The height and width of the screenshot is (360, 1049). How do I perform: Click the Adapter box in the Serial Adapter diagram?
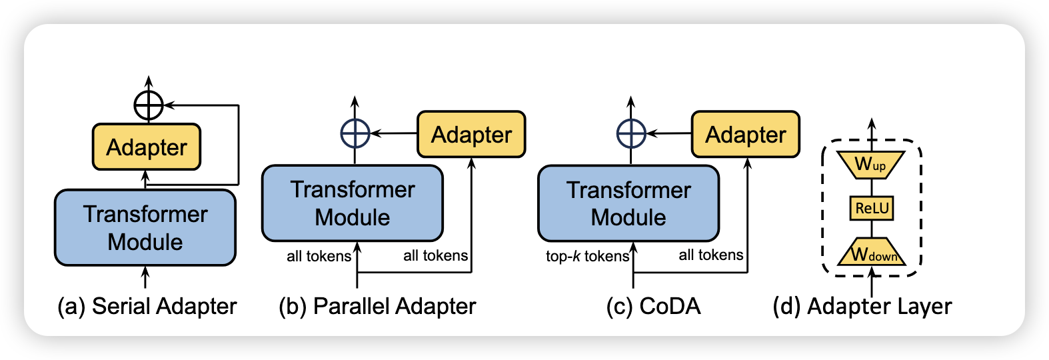pyautogui.click(x=147, y=147)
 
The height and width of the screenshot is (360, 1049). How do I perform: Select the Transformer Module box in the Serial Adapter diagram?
pyautogui.click(x=145, y=227)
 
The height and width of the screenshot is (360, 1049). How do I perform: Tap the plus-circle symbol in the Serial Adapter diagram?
pyautogui.click(x=149, y=105)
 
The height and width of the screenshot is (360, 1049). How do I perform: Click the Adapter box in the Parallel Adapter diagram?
pyautogui.click(x=471, y=135)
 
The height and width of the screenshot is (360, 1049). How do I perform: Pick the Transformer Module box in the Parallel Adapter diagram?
pyautogui.click(x=353, y=203)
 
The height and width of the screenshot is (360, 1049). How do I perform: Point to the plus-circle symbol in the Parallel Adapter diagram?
pyautogui.click(x=355, y=133)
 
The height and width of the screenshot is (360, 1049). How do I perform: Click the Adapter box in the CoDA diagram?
pyautogui.click(x=746, y=135)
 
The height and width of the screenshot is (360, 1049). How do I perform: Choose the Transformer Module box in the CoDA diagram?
pyautogui.click(x=628, y=203)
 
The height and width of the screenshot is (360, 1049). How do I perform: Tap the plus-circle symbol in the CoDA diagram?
pyautogui.click(x=631, y=133)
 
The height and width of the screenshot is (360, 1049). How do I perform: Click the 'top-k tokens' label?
pyautogui.click(x=587, y=256)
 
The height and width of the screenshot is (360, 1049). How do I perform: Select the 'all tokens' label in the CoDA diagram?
pyautogui.click(x=711, y=255)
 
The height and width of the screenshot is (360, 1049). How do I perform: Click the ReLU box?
pyautogui.click(x=872, y=208)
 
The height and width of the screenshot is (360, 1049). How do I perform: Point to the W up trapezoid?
pyautogui.click(x=870, y=164)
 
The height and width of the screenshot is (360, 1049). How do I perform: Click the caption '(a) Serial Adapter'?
pyautogui.click(x=147, y=306)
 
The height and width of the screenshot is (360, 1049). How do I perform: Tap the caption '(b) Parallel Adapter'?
pyautogui.click(x=377, y=306)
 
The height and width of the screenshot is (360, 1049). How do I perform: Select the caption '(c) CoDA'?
pyautogui.click(x=654, y=306)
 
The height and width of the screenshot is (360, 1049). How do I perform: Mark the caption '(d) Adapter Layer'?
pyautogui.click(x=862, y=306)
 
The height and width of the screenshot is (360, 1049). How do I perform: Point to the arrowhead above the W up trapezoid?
pyautogui.click(x=871, y=125)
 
